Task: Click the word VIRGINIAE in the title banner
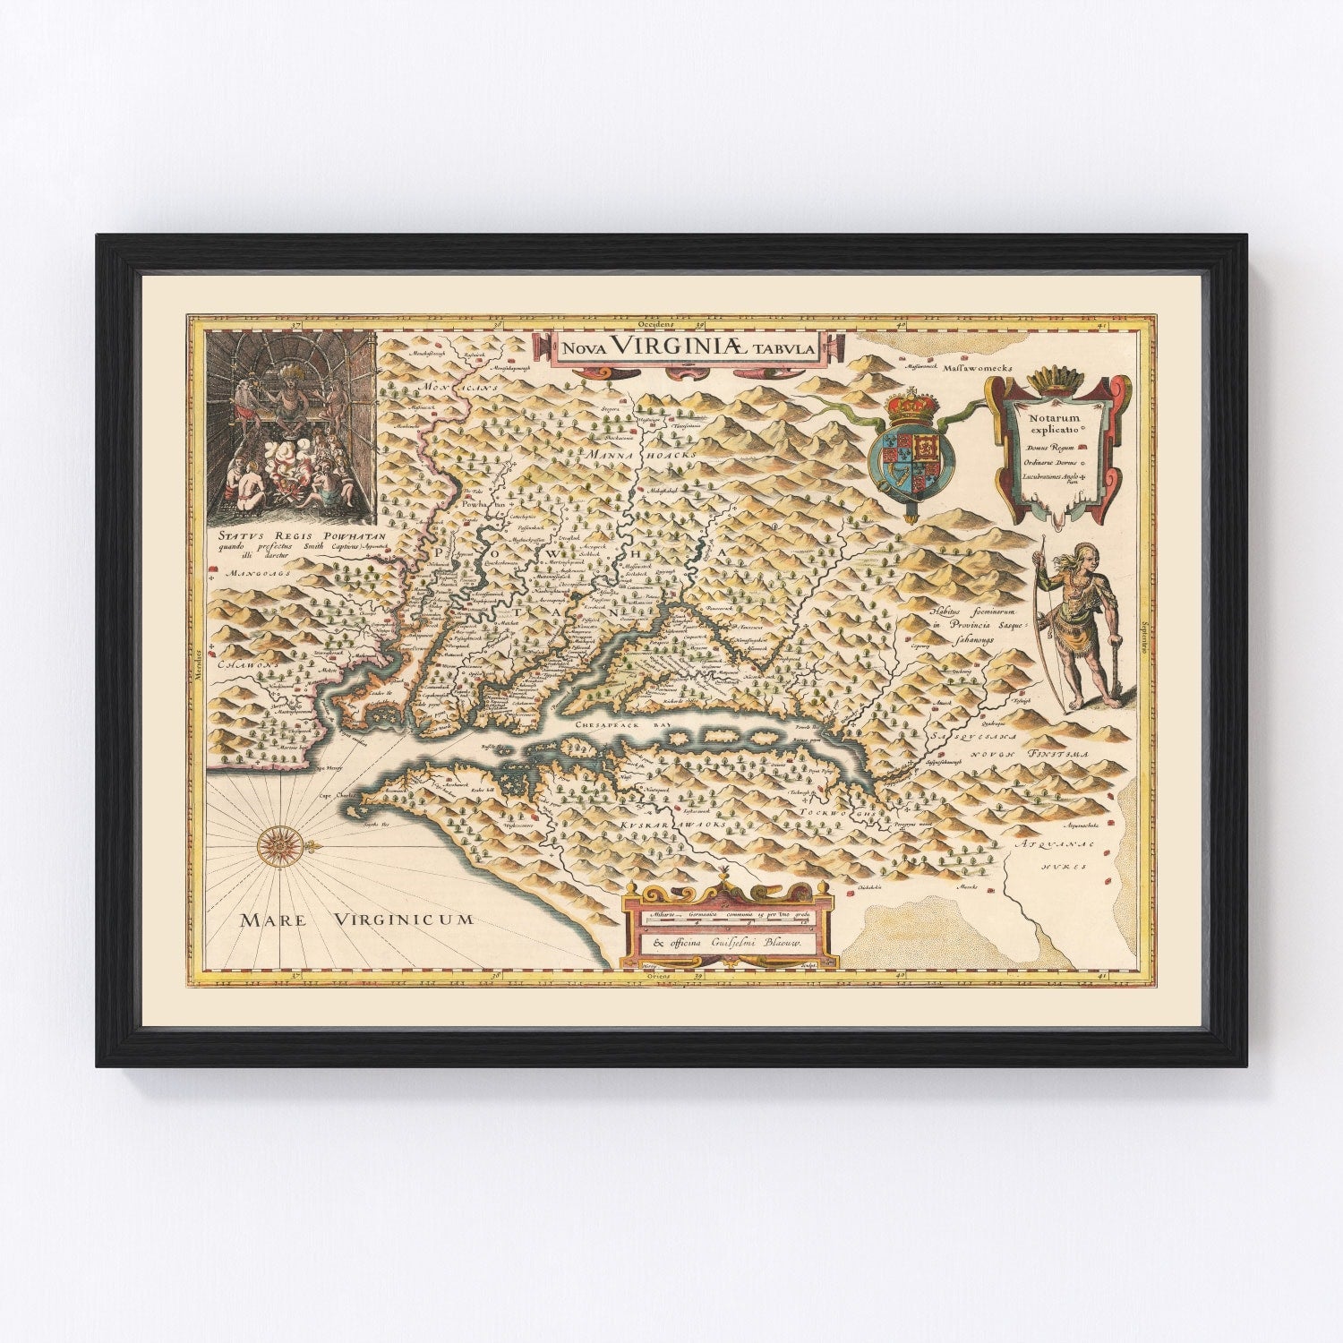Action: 688,349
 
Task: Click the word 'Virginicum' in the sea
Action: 403,918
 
